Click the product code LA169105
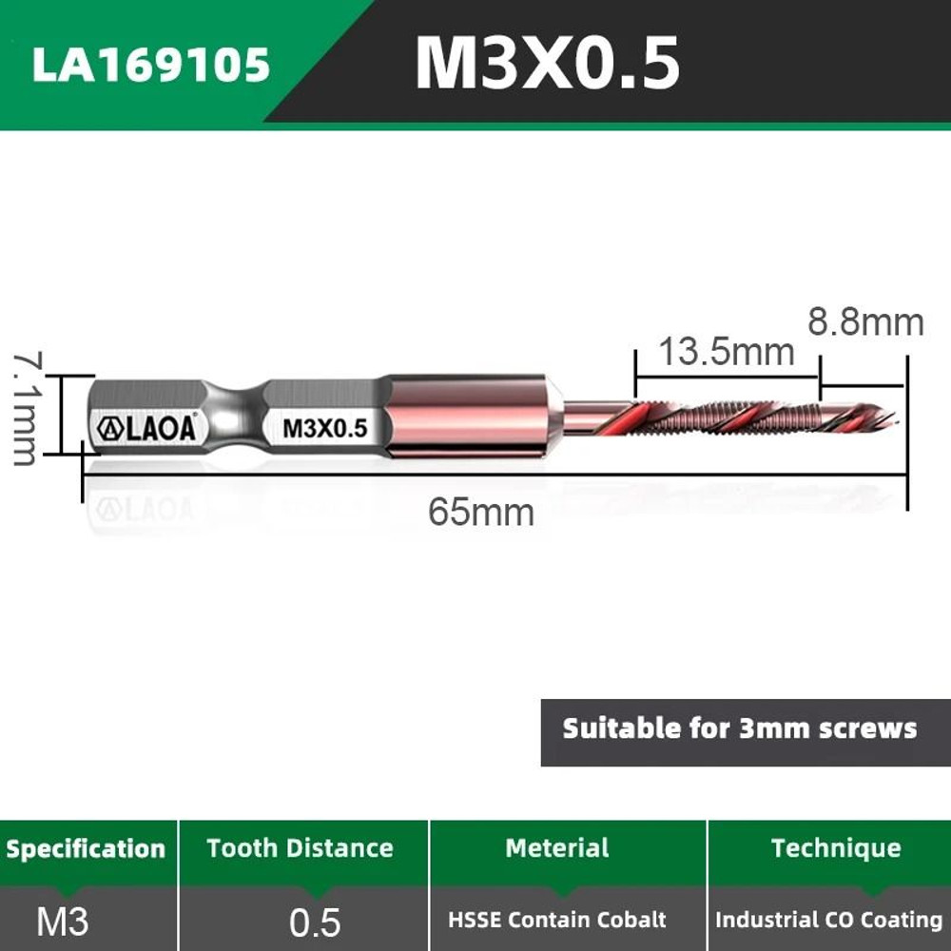point(151,65)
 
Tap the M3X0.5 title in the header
point(547,65)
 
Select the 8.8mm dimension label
point(865,322)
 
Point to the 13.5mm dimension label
point(726,352)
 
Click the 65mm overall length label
point(480,512)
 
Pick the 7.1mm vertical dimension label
point(26,408)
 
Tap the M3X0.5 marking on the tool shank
point(324,428)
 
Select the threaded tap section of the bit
point(728,417)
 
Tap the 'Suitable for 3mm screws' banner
point(740,729)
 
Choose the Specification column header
point(86,848)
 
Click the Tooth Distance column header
point(301,847)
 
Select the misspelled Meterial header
point(557,847)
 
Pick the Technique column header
point(835,847)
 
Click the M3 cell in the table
point(63,921)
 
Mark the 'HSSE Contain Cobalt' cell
point(557,921)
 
